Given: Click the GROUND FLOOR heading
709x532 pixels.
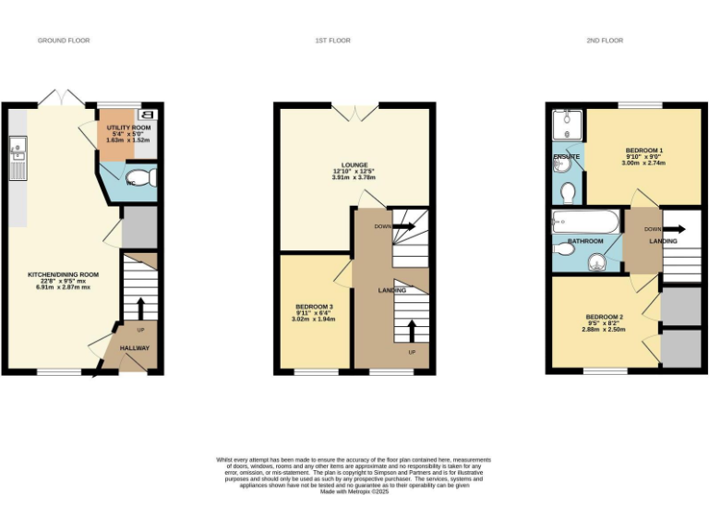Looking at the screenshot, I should pyautogui.click(x=64, y=41).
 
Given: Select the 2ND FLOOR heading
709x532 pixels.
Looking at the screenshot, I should pyautogui.click(x=605, y=41).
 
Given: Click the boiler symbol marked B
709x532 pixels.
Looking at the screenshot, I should pyautogui.click(x=151, y=115).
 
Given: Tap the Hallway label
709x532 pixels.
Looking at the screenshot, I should pyautogui.click(x=135, y=348).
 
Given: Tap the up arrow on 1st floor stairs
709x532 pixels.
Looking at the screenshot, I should pyautogui.click(x=412, y=330).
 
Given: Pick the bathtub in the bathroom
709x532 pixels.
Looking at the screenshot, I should pyautogui.click(x=585, y=223).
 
